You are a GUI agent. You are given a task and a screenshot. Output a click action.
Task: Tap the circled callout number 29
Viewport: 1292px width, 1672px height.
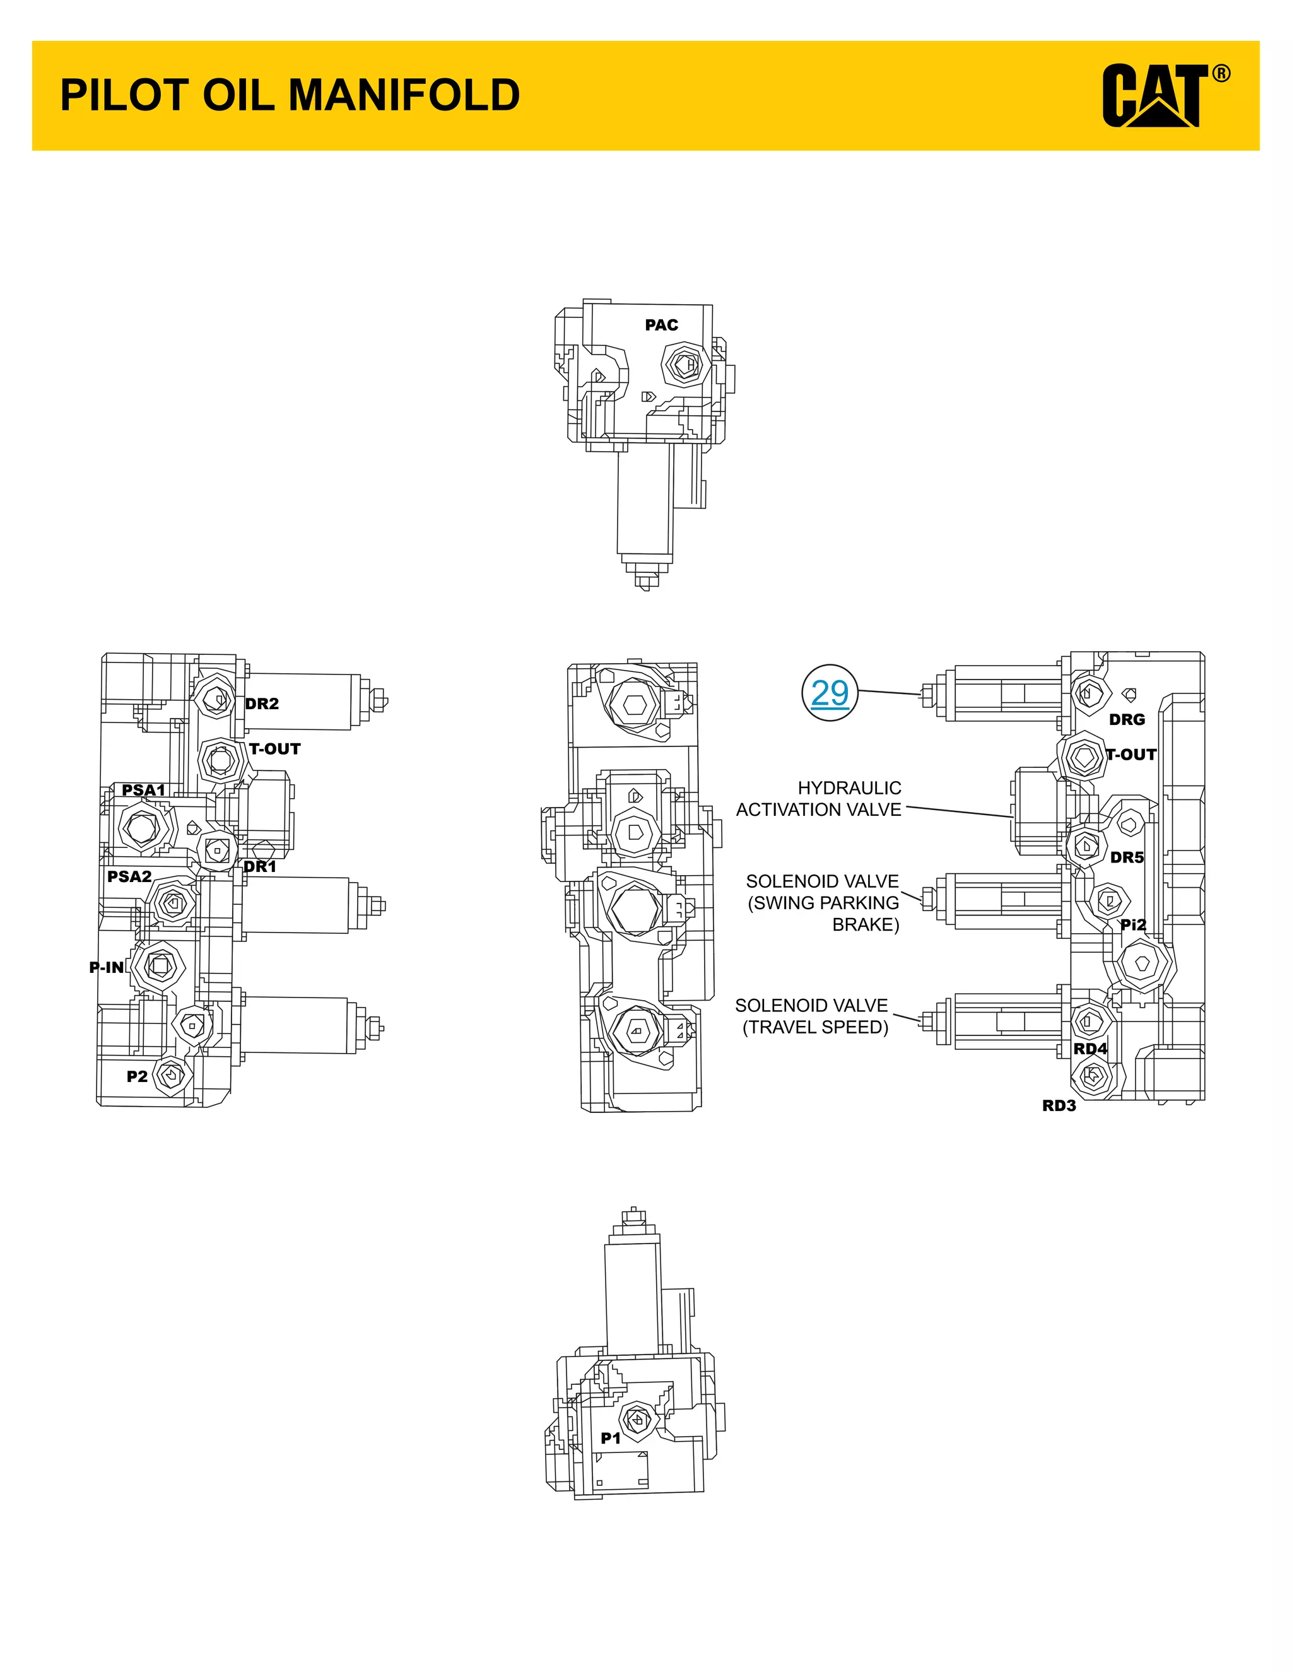click(x=829, y=693)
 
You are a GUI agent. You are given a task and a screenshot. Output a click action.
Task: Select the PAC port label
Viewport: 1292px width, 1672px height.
click(x=661, y=326)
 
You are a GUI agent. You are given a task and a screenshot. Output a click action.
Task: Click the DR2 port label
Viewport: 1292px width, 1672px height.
click(x=262, y=704)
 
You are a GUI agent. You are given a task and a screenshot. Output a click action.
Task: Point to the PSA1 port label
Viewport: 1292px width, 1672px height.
click(x=143, y=790)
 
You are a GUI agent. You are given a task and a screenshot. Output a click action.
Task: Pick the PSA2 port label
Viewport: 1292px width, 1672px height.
click(x=129, y=876)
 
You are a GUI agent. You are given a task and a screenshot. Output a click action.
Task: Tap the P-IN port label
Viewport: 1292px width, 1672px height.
click(x=107, y=968)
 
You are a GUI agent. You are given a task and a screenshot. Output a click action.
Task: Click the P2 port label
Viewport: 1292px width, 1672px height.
click(x=137, y=1076)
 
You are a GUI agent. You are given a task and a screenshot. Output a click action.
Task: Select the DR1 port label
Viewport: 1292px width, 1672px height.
click(x=259, y=867)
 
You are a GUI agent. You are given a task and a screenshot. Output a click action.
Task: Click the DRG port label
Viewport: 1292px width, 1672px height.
click(x=1127, y=720)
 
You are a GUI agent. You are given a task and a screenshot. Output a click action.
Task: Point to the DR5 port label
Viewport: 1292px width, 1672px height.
click(x=1127, y=857)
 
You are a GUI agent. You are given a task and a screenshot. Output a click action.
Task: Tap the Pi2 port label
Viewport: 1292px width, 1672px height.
click(x=1133, y=925)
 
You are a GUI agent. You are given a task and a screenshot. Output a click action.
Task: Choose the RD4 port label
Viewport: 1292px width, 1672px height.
click(x=1090, y=1048)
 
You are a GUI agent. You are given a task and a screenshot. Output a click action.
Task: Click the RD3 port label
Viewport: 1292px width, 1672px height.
click(x=1059, y=1105)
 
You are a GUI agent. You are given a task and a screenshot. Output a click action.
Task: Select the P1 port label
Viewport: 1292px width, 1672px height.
click(x=610, y=1439)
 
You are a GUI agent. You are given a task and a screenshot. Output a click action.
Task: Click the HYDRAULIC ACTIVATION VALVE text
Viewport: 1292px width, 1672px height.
click(x=819, y=799)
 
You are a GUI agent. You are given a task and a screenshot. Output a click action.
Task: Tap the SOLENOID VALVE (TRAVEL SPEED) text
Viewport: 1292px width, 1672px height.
click(x=813, y=1016)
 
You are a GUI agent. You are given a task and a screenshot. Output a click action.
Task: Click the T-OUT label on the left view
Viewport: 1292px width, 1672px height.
click(x=275, y=749)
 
